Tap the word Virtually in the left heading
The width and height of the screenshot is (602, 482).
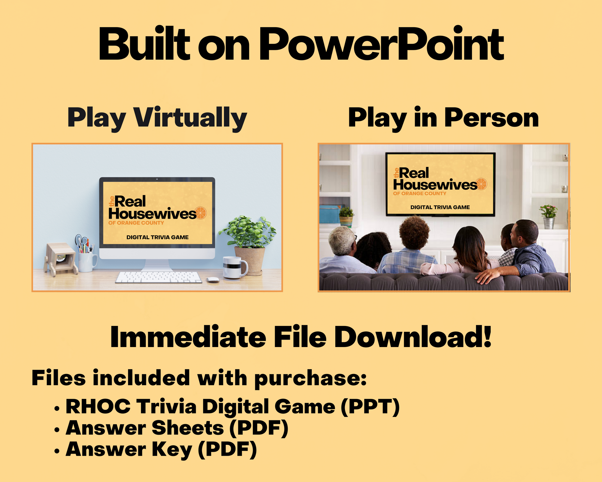click(190, 118)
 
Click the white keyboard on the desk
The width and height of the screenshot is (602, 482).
click(159, 277)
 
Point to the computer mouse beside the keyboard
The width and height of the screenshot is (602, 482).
click(213, 280)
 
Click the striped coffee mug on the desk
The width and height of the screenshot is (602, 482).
click(235, 268)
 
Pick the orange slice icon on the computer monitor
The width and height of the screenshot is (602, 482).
click(201, 213)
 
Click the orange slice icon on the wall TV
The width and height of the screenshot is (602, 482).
click(481, 184)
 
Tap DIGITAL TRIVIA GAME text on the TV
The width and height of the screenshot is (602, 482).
click(440, 207)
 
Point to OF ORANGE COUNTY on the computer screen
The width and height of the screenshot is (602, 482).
click(136, 223)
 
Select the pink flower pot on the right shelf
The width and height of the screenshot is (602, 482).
click(548, 216)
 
